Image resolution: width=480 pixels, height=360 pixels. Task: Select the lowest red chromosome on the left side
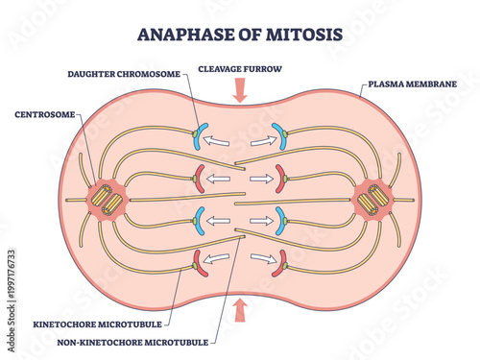pos(199,260)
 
